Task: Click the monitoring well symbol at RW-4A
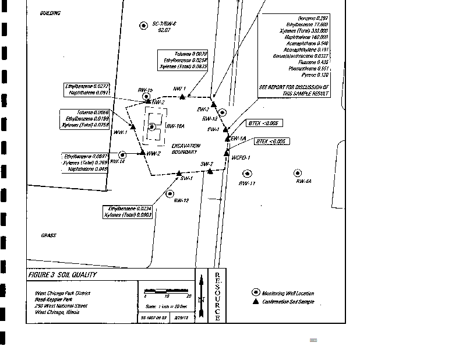pos(298,173)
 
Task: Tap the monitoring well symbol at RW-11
pos(248,174)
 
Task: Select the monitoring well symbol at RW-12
pos(170,193)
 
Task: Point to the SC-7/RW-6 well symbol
pos(144,25)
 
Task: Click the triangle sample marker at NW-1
pos(183,97)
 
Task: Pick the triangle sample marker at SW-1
pos(179,173)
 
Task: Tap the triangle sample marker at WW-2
pos(142,152)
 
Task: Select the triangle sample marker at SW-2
pos(210,171)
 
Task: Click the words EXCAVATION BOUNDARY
pos(186,149)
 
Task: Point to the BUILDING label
pos(50,13)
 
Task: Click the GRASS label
pos(48,235)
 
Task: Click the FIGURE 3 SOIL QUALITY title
pos(63,275)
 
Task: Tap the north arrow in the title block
pos(201,296)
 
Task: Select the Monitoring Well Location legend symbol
pos(255,292)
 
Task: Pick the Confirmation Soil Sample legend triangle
pos(255,302)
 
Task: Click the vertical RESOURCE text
pos(217,295)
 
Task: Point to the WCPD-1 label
pos(241,157)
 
